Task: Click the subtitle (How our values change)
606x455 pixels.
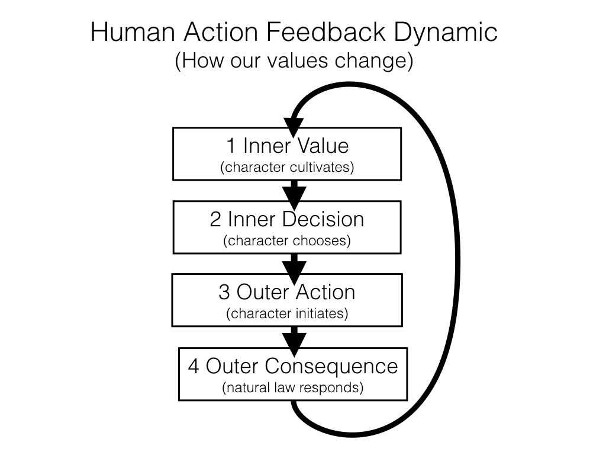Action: [294, 62]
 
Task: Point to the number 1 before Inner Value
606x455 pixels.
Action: [232, 146]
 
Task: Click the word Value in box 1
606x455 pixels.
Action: [322, 146]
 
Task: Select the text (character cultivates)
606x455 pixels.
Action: [287, 167]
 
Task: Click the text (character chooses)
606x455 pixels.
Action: [287, 241]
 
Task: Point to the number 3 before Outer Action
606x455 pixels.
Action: [224, 292]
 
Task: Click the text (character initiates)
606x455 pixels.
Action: [287, 314]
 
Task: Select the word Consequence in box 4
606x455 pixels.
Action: [331, 366]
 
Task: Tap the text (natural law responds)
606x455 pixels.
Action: [293, 388]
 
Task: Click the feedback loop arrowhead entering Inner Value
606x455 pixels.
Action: [294, 126]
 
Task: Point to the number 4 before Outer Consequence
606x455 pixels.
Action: [194, 366]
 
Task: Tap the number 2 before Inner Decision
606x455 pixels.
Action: [215, 219]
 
